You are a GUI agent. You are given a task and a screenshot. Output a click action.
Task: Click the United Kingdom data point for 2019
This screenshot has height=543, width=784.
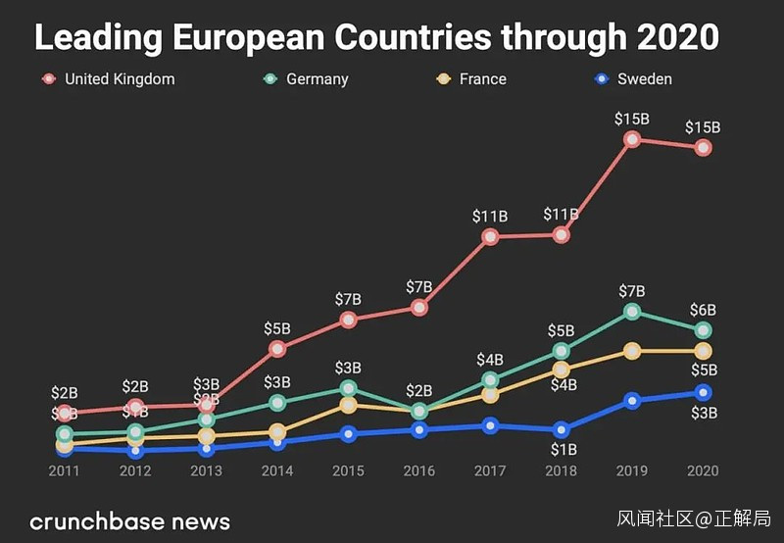click(x=632, y=140)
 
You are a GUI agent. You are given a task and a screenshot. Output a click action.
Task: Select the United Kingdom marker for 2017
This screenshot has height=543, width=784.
click(x=490, y=237)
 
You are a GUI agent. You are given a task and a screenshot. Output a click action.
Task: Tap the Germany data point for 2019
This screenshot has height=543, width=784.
click(x=632, y=312)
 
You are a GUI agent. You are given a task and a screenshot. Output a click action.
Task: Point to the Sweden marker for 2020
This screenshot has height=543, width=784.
click(x=703, y=393)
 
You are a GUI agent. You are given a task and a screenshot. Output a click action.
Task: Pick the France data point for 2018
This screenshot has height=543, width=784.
click(x=561, y=370)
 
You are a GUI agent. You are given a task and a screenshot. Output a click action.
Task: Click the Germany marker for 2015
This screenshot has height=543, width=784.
click(x=348, y=389)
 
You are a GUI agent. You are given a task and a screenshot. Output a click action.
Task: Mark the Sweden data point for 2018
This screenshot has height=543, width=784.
click(x=561, y=430)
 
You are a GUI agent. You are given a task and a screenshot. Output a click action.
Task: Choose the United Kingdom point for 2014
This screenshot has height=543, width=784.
click(x=277, y=348)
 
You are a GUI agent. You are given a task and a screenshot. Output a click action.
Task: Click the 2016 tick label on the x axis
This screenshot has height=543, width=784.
click(x=419, y=471)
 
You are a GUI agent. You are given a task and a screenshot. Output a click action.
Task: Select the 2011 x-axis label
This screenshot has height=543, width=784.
click(x=65, y=471)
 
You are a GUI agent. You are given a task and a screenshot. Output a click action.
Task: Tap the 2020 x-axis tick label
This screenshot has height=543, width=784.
click(x=703, y=471)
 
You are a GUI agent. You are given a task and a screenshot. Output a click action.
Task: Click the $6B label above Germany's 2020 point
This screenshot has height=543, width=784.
click(x=703, y=310)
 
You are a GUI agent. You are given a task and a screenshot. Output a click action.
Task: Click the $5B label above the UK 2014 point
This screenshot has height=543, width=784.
click(x=277, y=328)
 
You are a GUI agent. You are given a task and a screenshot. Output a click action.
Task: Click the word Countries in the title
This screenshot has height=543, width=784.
click(x=412, y=38)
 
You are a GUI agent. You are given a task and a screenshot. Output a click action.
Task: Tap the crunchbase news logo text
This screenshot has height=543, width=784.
click(x=130, y=520)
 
